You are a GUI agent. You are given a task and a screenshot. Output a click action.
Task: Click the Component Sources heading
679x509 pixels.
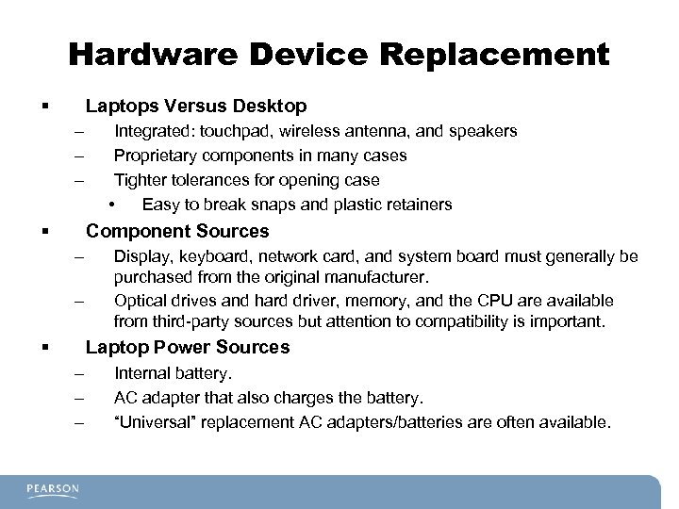(x=177, y=231)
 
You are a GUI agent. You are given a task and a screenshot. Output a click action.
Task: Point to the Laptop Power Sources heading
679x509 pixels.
(x=188, y=347)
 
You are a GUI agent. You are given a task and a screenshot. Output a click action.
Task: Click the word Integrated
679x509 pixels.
(x=152, y=131)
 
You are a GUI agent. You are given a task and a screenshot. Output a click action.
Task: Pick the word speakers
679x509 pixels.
(x=481, y=131)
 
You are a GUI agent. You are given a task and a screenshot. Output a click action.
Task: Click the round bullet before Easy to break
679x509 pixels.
(x=111, y=204)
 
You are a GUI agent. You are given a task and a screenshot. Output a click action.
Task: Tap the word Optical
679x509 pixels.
(x=140, y=301)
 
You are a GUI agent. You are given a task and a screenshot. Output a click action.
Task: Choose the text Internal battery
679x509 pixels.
(x=173, y=374)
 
